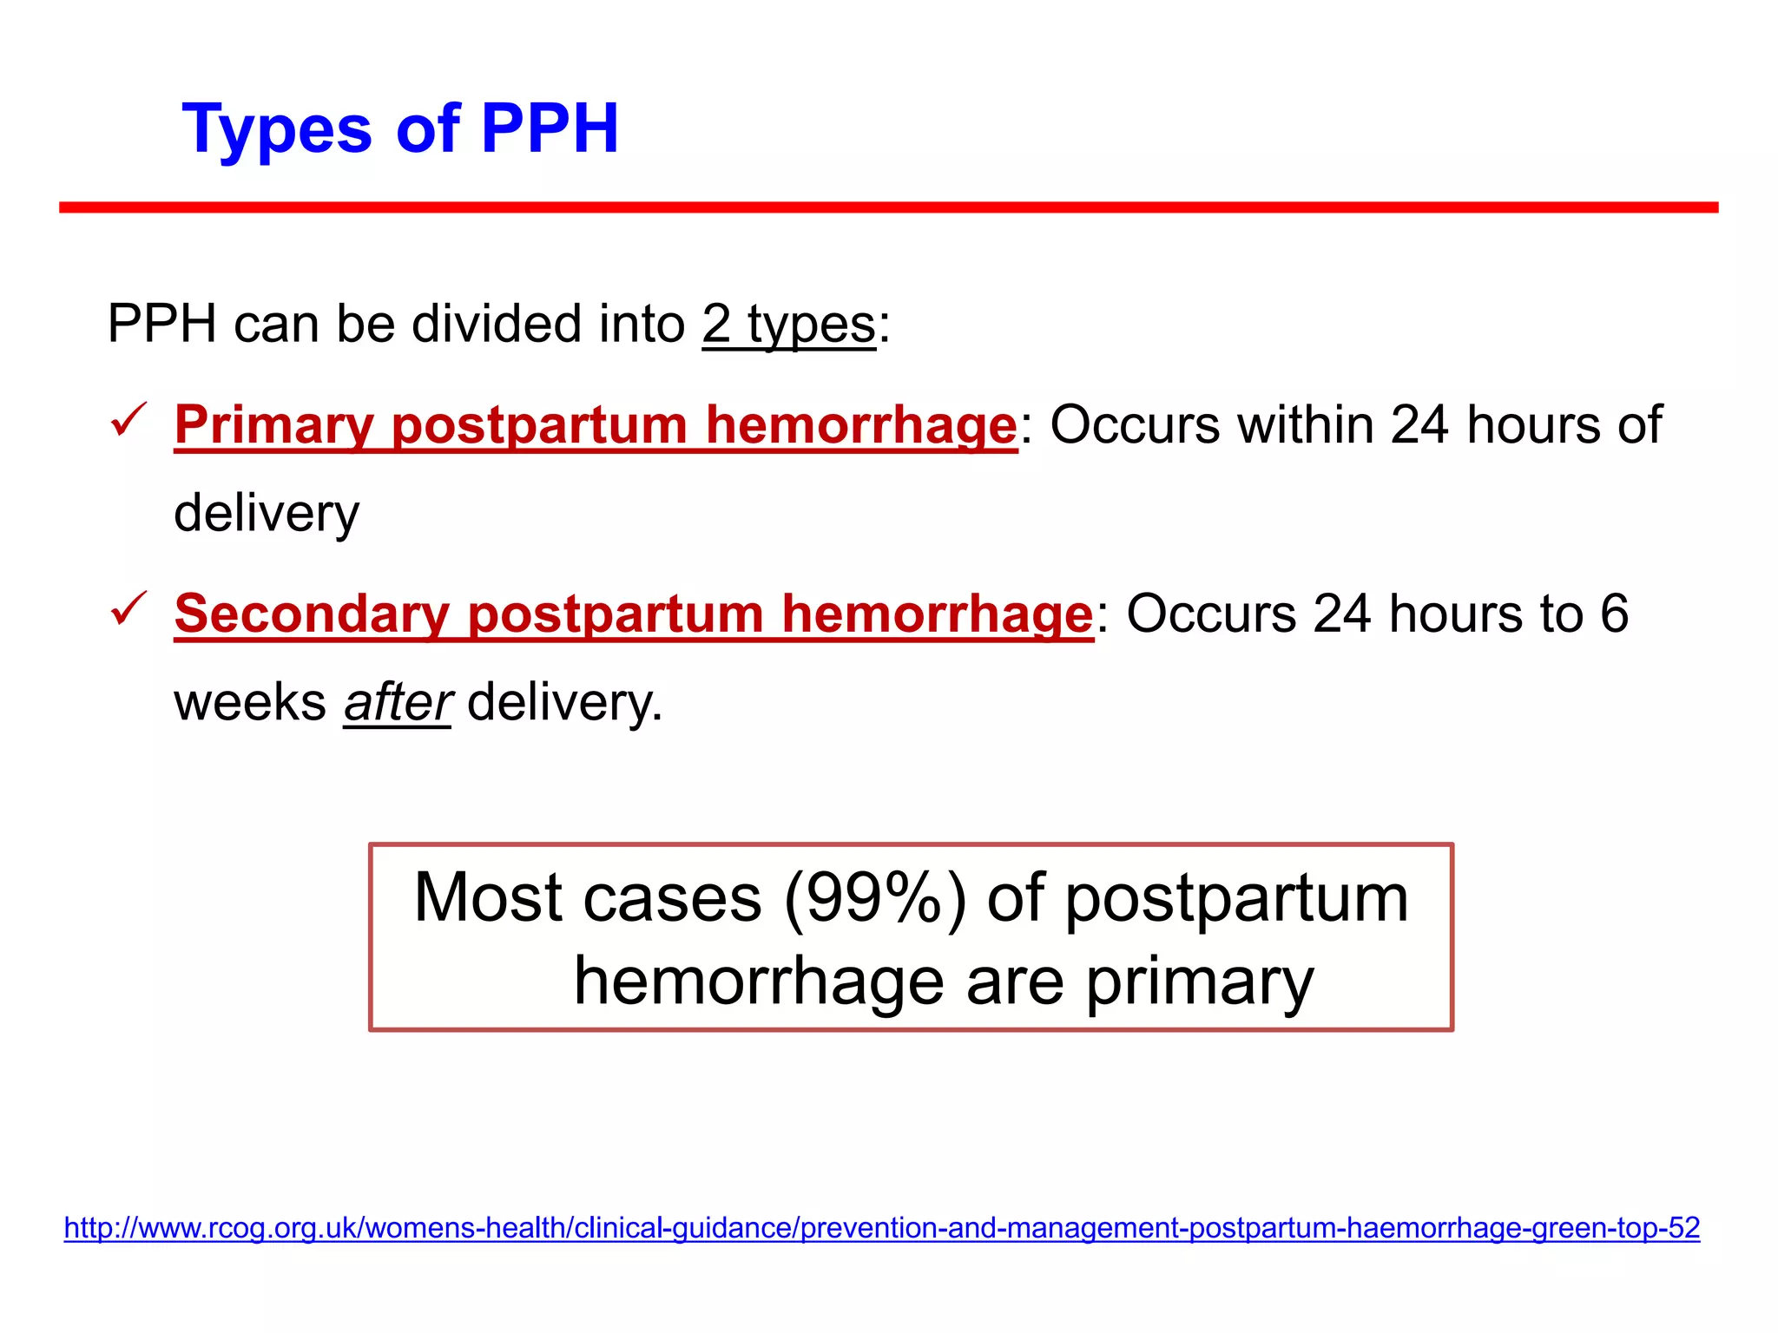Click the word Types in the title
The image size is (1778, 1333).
pos(276,130)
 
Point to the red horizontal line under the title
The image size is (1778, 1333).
pos(888,207)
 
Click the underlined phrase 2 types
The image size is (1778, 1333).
pos(788,325)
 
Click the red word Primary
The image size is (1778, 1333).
pos(273,425)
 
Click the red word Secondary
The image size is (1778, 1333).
pos(311,614)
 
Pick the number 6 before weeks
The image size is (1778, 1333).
pos(1614,614)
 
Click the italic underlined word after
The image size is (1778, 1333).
pos(398,703)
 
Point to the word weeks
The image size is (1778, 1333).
pos(250,703)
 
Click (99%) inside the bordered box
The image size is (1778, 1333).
pos(874,899)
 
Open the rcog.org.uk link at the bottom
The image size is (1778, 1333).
pos(881,1228)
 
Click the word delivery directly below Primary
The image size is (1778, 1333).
pos(267,514)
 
